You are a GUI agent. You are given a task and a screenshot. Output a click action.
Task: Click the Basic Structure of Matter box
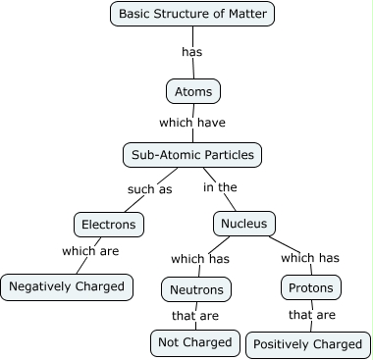(x=192, y=14)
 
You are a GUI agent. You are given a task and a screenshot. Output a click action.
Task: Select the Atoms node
(x=192, y=91)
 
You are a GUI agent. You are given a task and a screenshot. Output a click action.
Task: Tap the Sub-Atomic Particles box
(x=192, y=154)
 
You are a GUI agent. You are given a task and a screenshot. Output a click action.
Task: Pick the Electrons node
(x=109, y=224)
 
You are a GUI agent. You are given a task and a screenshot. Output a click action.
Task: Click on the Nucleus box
(x=244, y=224)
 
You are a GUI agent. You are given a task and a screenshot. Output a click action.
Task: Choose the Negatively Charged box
(x=66, y=286)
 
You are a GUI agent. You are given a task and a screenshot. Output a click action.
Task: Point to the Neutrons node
(x=196, y=289)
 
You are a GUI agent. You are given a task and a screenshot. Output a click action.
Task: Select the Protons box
(x=312, y=288)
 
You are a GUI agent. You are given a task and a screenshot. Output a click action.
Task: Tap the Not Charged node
(x=195, y=342)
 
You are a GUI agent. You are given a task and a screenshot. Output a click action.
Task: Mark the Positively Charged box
(x=308, y=345)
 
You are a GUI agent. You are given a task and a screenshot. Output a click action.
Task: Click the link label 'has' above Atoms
(x=192, y=51)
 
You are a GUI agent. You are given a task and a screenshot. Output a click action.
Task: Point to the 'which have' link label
(x=192, y=123)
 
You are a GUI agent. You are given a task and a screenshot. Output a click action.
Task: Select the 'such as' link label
(x=150, y=188)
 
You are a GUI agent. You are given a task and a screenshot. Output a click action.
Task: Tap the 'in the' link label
(x=220, y=187)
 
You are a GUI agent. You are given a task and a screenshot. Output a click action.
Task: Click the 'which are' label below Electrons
(x=91, y=251)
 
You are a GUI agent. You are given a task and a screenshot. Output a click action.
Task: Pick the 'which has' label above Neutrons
(x=200, y=259)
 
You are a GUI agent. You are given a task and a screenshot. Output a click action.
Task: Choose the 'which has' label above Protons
(x=310, y=258)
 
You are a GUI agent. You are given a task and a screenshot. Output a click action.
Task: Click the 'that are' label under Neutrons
(x=195, y=316)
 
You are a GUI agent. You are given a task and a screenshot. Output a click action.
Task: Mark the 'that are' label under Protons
(x=312, y=316)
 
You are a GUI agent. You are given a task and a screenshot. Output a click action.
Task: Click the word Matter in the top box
(x=245, y=14)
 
